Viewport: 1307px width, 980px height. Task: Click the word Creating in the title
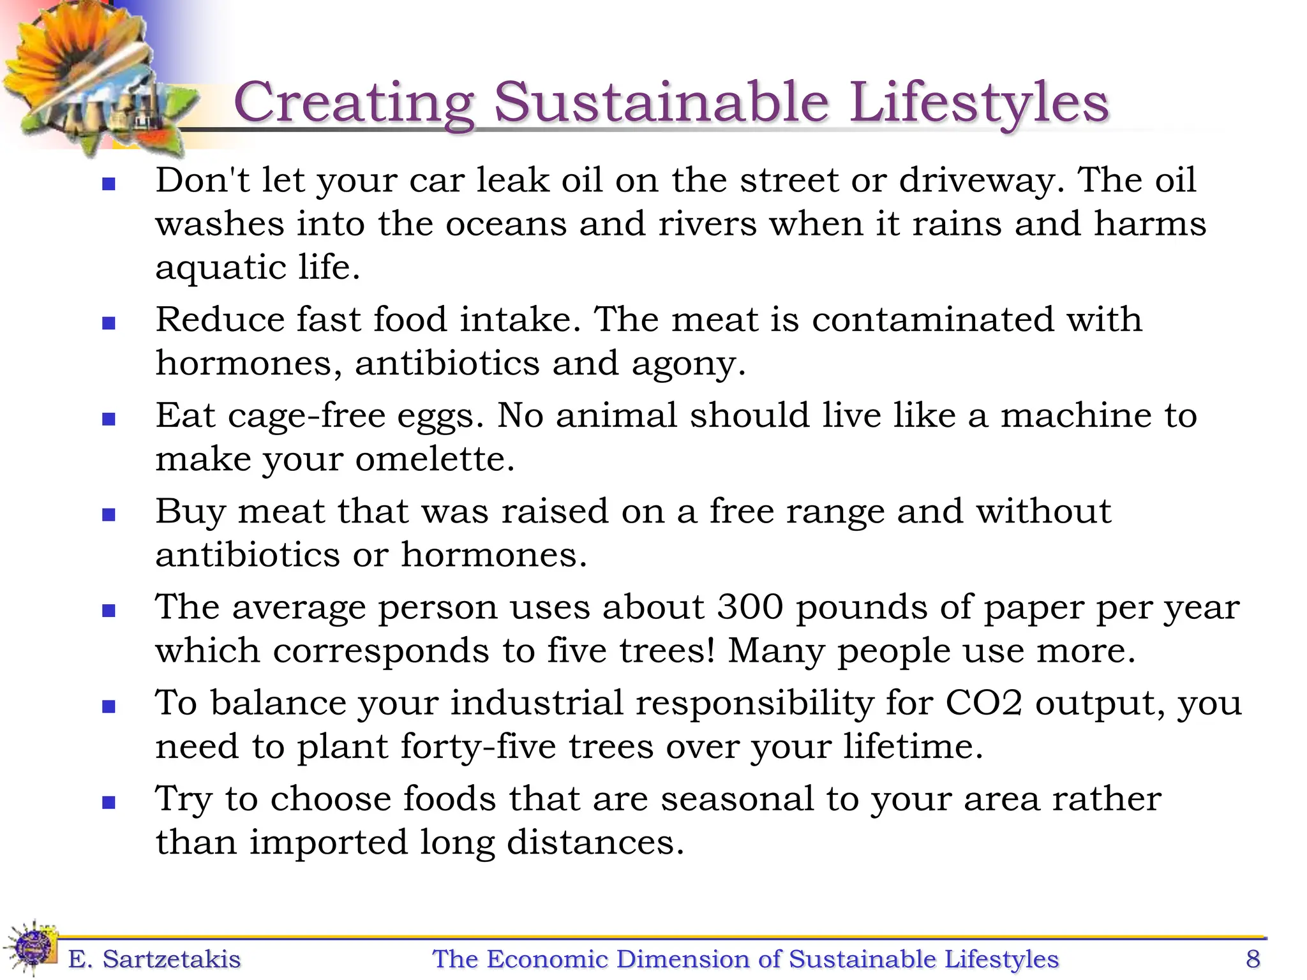(354, 103)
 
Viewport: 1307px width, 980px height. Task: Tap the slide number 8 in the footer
(1253, 959)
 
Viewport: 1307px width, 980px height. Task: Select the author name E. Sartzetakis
(154, 959)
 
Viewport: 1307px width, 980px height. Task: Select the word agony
(687, 364)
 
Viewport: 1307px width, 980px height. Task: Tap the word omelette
(434, 459)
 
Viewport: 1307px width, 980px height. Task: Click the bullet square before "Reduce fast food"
(109, 323)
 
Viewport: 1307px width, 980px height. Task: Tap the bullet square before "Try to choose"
(109, 803)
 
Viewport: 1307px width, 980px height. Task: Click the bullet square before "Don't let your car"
(109, 184)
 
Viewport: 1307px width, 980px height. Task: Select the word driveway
(982, 181)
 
